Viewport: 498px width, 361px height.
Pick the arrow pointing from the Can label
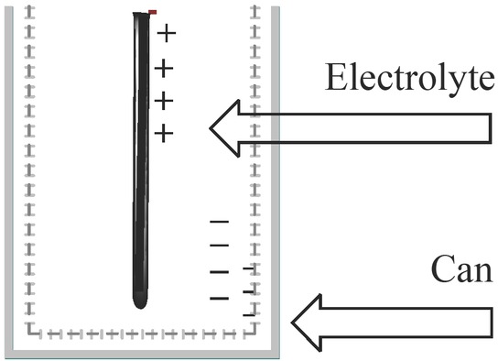click(394, 322)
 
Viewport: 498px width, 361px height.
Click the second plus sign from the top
click(163, 68)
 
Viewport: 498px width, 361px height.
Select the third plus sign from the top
click(163, 100)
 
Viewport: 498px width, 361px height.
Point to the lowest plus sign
click(163, 134)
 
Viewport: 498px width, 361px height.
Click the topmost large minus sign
click(219, 223)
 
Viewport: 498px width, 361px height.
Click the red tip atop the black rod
click(153, 12)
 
